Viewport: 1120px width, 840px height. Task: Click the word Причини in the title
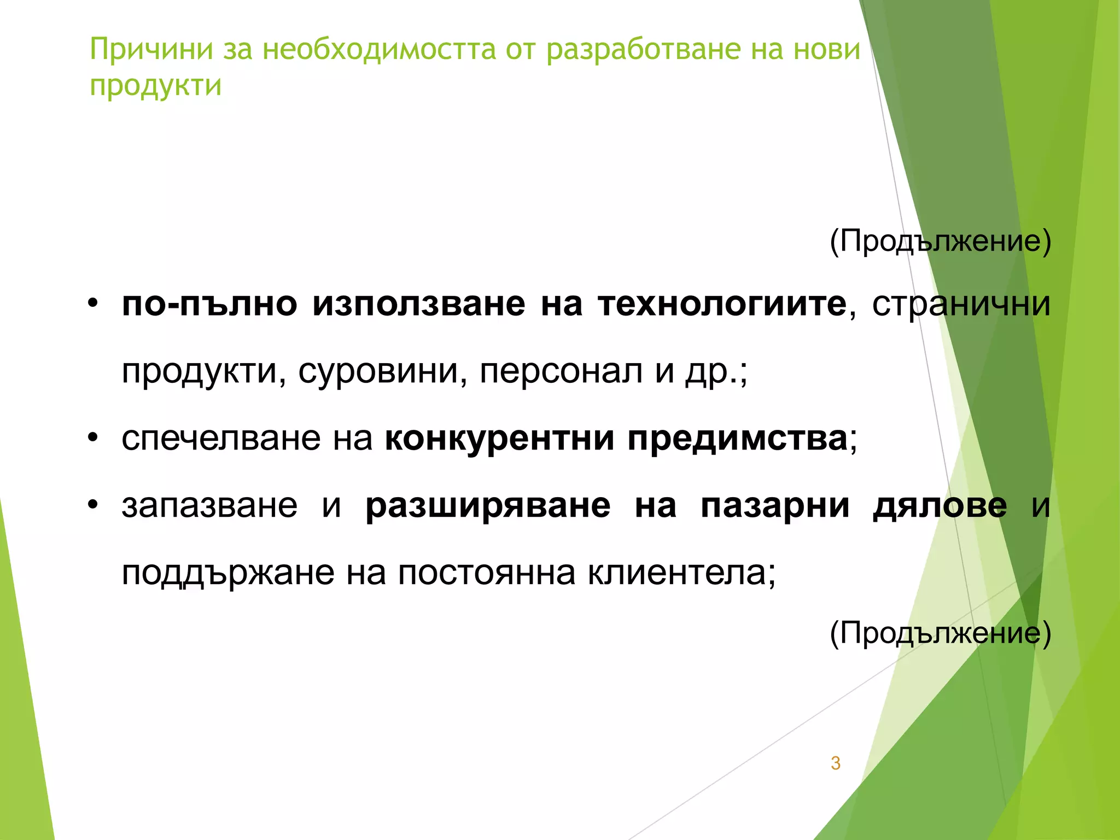point(151,50)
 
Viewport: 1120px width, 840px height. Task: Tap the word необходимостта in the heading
point(379,50)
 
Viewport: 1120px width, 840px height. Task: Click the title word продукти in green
point(155,86)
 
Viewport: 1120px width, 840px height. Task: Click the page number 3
point(835,763)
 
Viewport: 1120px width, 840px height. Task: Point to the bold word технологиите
point(722,304)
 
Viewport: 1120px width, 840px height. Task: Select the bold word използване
point(418,304)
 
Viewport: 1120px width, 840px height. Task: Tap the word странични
point(961,304)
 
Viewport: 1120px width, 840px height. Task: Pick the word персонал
point(561,371)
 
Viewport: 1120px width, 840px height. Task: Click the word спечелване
point(221,439)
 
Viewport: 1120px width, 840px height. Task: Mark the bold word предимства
point(737,439)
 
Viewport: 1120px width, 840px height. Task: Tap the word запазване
point(209,506)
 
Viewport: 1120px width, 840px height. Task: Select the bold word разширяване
point(488,506)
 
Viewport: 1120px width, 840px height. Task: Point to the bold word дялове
point(940,506)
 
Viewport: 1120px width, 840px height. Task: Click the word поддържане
point(228,574)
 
